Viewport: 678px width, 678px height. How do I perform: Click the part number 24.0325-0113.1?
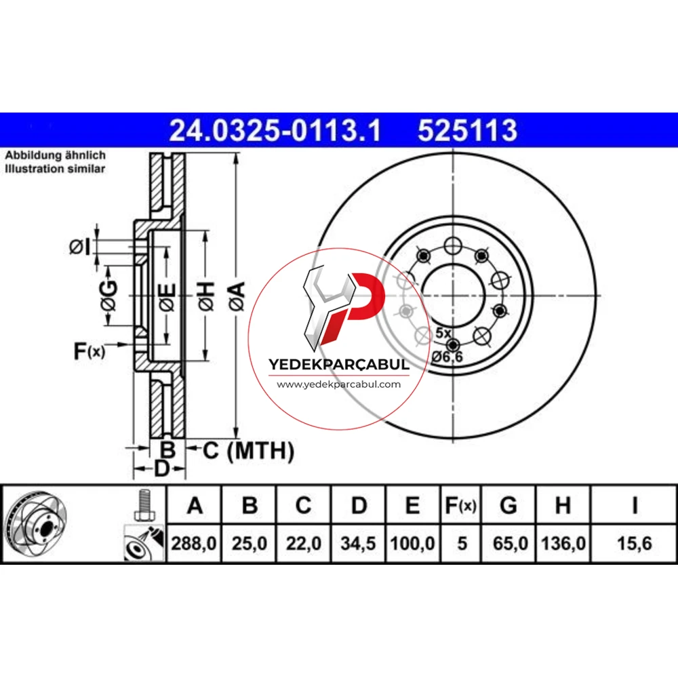click(x=275, y=130)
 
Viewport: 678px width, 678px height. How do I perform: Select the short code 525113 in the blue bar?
click(x=467, y=130)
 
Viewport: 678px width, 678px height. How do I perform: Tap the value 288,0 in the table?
click(x=194, y=543)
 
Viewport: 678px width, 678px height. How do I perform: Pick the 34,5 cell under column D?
click(x=357, y=543)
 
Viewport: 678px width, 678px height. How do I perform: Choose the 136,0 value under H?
click(x=563, y=543)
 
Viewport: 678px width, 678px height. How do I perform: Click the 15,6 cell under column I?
click(x=635, y=543)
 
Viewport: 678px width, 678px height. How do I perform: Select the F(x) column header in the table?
click(x=460, y=505)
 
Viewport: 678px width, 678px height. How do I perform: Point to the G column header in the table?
click(x=509, y=505)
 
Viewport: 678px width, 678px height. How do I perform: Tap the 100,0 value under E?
click(x=412, y=543)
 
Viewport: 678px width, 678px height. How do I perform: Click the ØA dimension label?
click(x=237, y=296)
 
